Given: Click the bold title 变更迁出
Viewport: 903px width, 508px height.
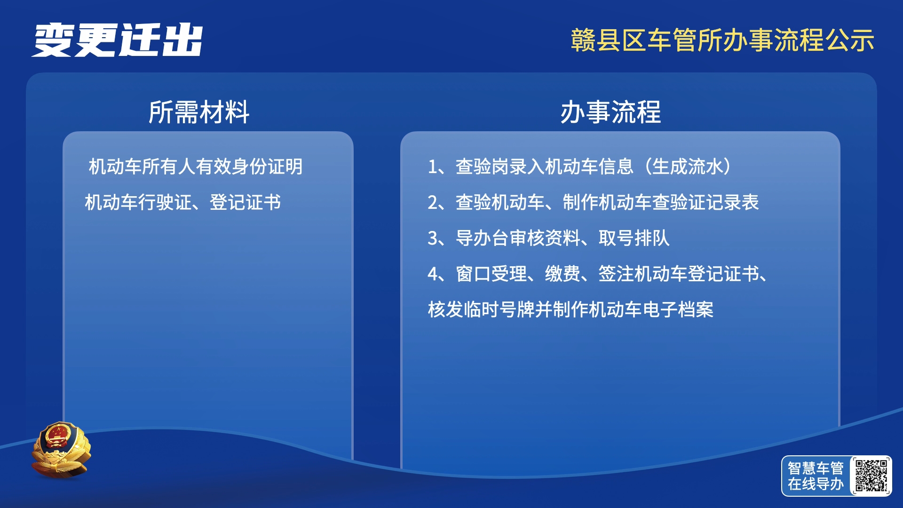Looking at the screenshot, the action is pos(118,40).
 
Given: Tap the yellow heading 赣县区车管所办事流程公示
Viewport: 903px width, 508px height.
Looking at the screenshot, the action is pos(722,40).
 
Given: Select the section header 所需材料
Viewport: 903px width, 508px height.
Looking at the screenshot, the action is pos(198,112).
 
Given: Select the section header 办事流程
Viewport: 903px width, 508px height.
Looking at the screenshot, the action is pos(610,112).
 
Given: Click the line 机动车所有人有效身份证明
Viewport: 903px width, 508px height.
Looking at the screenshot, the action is pos(196,167).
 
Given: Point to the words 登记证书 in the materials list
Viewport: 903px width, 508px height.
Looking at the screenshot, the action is pos(245,202).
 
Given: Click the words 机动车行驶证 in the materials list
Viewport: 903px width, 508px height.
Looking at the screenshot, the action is pos(138,202).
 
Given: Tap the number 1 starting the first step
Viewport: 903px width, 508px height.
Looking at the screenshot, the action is pos(432,167).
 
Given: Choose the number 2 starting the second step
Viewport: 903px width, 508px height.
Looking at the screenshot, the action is pos(433,203).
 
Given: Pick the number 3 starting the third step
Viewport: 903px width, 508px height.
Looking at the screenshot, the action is pos(433,238).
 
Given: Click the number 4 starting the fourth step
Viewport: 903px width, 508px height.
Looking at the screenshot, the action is pos(433,274).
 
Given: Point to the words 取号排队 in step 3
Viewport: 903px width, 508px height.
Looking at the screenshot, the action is pos(634,238).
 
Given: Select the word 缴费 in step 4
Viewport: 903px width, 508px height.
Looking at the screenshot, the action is pos(562,274).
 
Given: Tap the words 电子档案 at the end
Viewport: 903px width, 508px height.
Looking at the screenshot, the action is pos(678,310).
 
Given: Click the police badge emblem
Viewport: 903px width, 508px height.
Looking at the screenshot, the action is pos(61,450).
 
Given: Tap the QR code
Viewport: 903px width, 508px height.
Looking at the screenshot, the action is pos(871,476).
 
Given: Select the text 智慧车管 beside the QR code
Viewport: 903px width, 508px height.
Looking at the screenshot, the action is pos(816,468).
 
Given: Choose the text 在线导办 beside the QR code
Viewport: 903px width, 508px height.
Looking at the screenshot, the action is pos(816,484).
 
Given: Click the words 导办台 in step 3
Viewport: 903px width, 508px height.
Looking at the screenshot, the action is pos(482,238).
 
